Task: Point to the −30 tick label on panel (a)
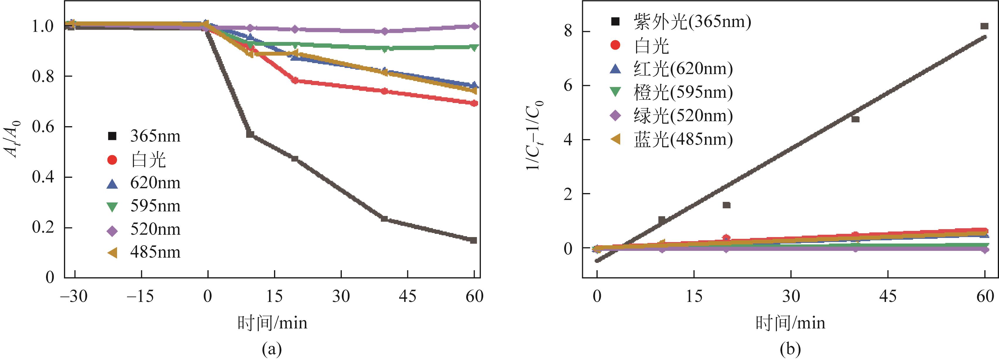[74, 296]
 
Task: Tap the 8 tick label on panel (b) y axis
[569, 31]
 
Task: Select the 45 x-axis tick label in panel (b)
[888, 296]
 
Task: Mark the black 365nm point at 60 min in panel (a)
[473, 240]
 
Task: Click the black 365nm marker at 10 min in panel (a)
[250, 134]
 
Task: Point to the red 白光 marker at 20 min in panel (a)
[295, 81]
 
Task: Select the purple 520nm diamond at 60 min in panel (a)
[474, 26]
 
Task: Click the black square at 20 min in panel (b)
[726, 205]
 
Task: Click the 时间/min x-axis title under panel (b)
[790, 323]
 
